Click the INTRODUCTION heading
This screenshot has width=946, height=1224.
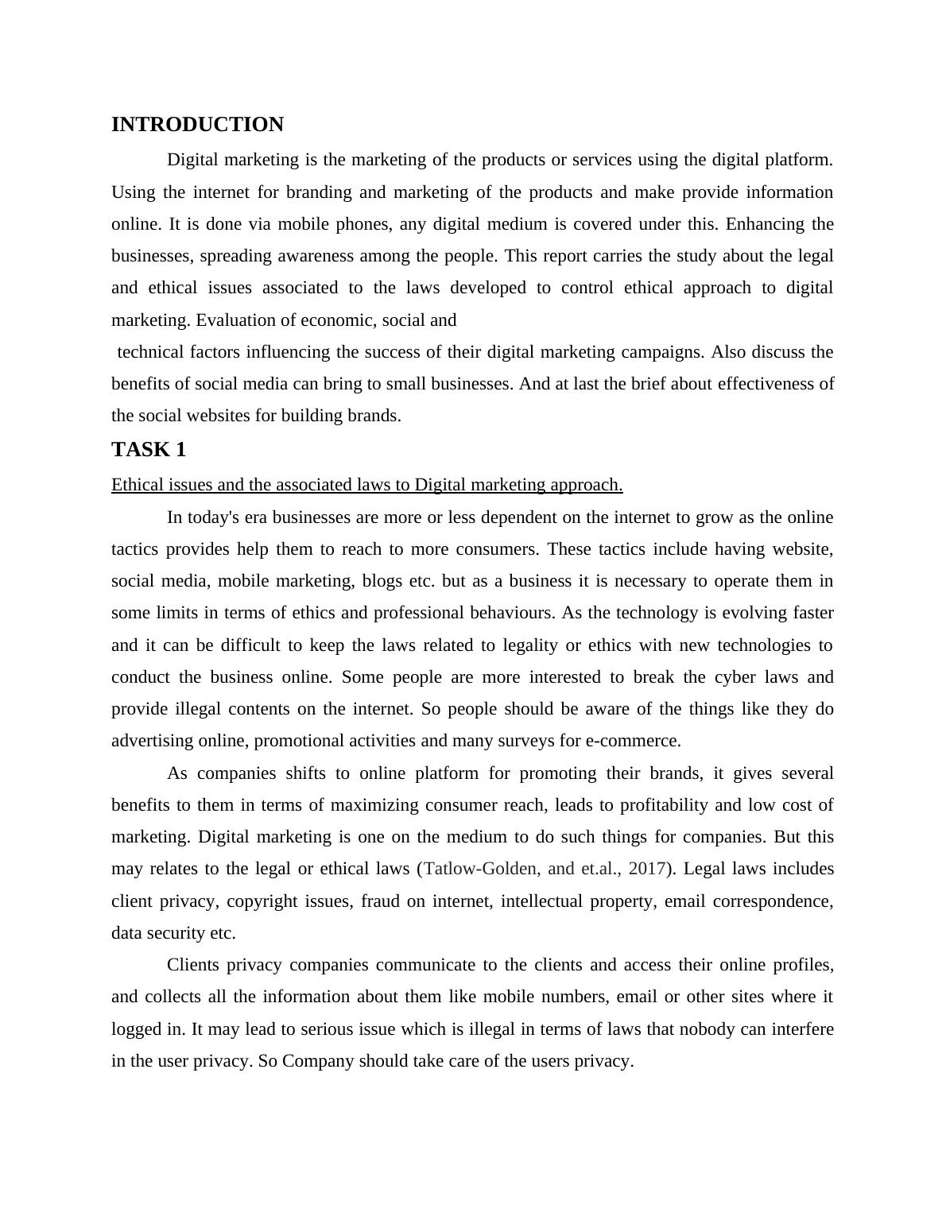pos(197,125)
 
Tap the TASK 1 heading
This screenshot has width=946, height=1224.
pos(149,450)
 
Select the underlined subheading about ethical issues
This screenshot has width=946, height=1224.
pos(366,485)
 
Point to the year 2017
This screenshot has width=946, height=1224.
pos(646,869)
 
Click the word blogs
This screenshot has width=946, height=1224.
pos(382,581)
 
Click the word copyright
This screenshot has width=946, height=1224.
pos(283,901)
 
